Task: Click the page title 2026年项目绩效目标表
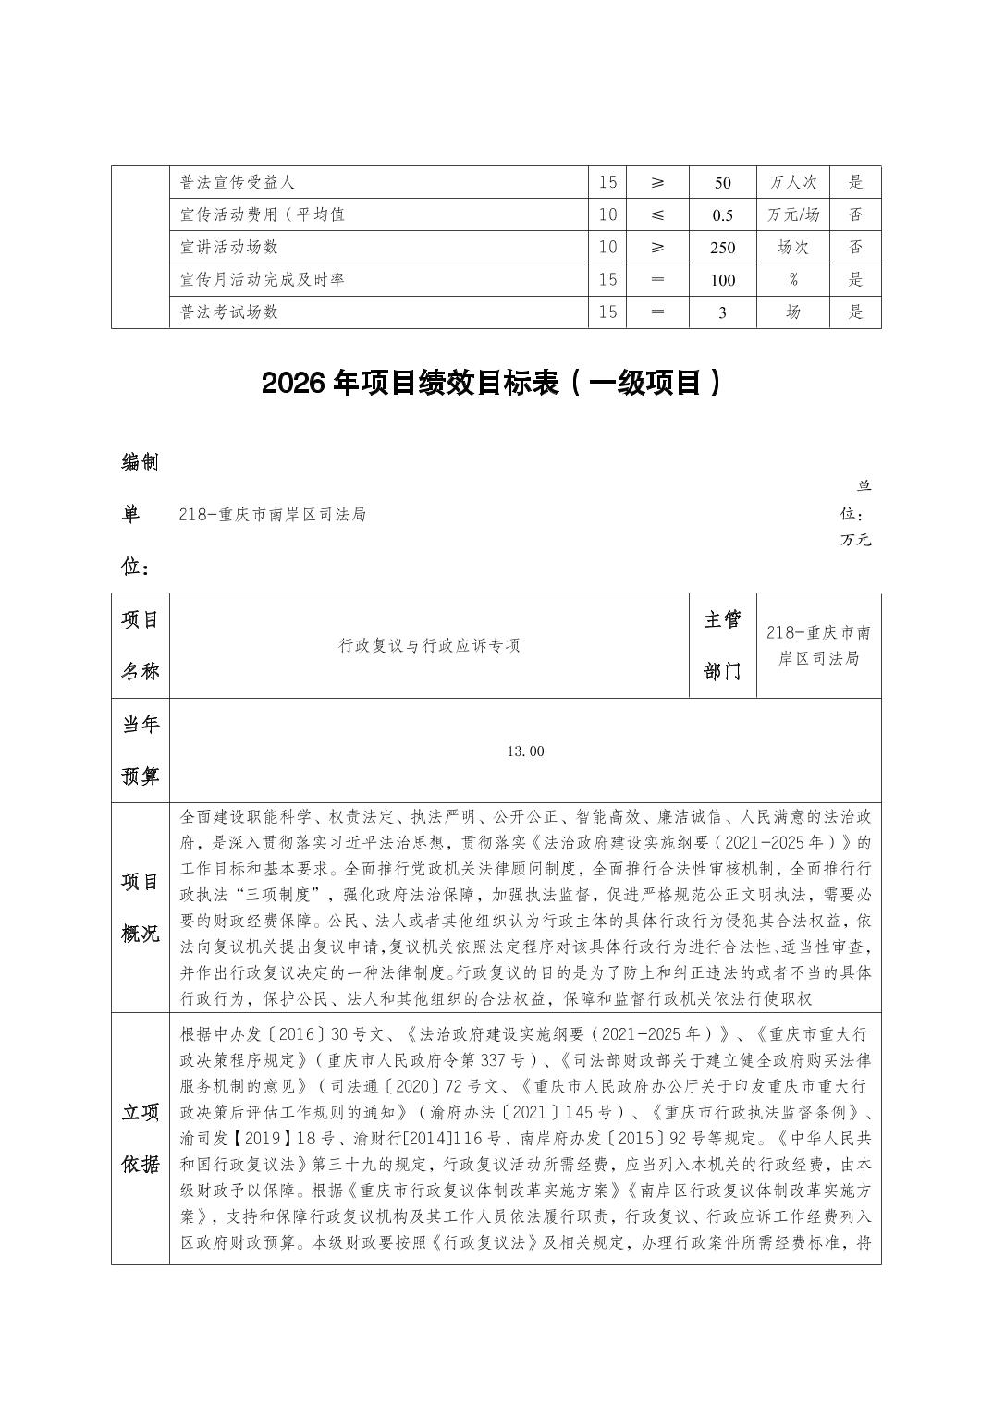coord(490,384)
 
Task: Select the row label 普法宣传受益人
coord(238,183)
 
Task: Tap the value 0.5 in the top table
coord(722,215)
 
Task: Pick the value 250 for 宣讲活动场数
coord(722,248)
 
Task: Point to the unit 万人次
coord(792,183)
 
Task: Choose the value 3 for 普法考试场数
coord(722,312)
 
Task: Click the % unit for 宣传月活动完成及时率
coord(792,279)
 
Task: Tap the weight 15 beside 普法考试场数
coord(607,312)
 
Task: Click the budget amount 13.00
coord(525,751)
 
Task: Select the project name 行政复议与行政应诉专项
coord(429,645)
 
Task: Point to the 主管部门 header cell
coord(722,645)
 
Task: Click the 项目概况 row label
coord(141,907)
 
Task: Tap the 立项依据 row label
coord(141,1138)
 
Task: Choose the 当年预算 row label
coord(141,751)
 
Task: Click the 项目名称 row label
coord(141,645)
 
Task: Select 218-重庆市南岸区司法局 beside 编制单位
coord(273,515)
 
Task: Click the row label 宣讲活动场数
coord(229,248)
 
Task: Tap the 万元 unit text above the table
coord(855,540)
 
